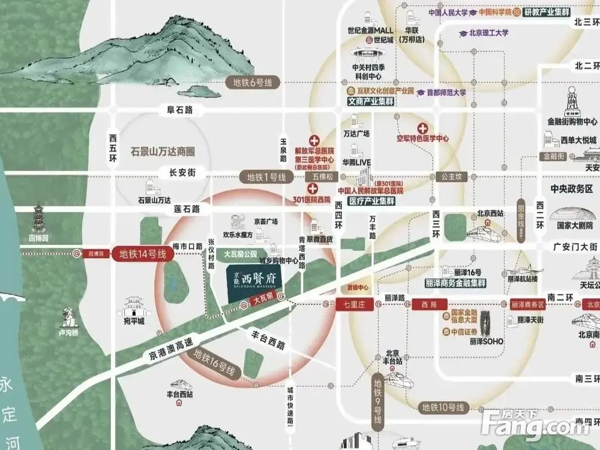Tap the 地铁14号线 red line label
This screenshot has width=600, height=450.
[x=142, y=254]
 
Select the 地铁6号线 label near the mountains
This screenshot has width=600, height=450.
[x=248, y=83]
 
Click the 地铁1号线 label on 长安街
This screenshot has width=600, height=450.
[x=266, y=177]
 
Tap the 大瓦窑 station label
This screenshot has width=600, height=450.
[x=264, y=304]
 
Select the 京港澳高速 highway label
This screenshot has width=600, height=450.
[x=165, y=354]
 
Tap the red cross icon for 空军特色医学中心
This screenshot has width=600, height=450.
[x=423, y=128]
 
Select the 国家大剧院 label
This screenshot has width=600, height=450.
[x=571, y=226]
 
